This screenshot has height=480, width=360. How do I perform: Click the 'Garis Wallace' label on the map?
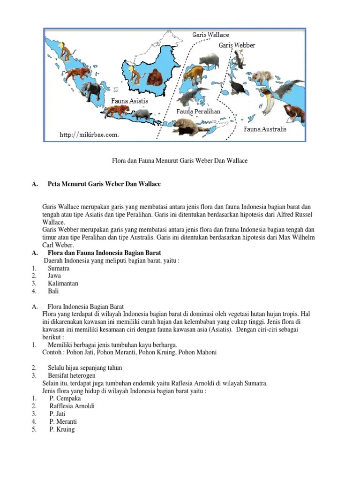pyautogui.click(x=210, y=35)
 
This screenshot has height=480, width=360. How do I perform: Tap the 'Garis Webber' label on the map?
pyautogui.click(x=237, y=45)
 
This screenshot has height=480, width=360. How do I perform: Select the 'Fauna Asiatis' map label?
pyautogui.click(x=129, y=101)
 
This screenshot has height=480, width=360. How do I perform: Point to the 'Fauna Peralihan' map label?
pyautogui.click(x=198, y=112)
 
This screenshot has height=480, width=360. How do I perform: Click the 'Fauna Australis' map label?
pyautogui.click(x=265, y=129)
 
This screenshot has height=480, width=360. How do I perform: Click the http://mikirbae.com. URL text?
pyautogui.click(x=89, y=135)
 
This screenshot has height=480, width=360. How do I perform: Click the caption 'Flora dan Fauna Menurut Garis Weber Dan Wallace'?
pyautogui.click(x=180, y=161)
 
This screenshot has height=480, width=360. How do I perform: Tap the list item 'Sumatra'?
pyautogui.click(x=59, y=269)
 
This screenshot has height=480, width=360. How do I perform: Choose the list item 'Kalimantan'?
pyautogui.click(x=63, y=284)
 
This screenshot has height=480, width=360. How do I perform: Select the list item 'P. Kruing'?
pyautogui.click(x=62, y=429)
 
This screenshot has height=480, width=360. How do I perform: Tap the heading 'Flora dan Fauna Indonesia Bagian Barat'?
pyautogui.click(x=105, y=253)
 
